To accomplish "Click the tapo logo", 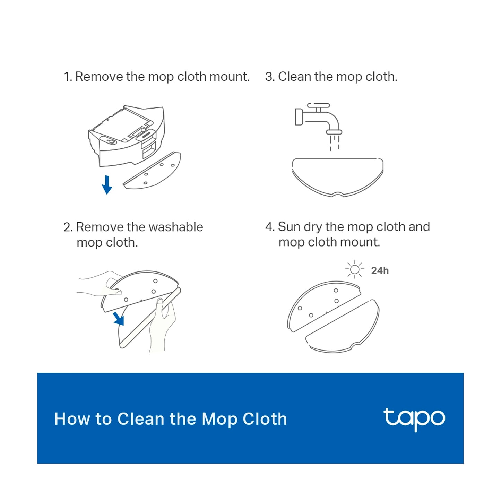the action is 414,419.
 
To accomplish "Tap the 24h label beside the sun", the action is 380,271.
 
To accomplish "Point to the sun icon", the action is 355,270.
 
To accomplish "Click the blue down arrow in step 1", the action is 106,185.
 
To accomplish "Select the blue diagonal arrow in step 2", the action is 119,319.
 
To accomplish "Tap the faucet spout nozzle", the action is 334,132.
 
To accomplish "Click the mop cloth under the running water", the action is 338,178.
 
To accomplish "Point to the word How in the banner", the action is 72,420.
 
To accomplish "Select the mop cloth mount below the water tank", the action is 152,171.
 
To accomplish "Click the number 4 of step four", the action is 269,227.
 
